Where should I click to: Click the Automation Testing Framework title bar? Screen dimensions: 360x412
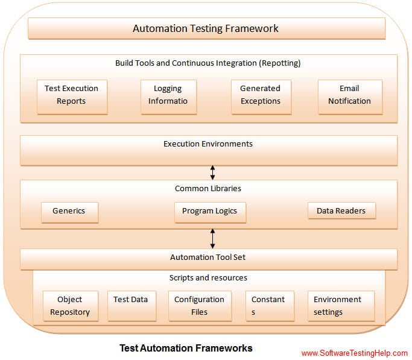tap(206, 28)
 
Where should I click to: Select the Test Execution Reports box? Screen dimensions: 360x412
tap(72, 95)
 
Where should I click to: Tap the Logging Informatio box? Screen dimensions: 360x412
tap(168, 95)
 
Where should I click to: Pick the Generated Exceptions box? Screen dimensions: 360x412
tap(260, 95)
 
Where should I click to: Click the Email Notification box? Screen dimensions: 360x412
tap(349, 95)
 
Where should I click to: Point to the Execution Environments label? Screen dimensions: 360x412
tap(208, 144)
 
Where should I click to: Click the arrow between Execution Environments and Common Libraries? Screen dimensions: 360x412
tap(212, 172)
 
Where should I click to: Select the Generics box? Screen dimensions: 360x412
tap(69, 211)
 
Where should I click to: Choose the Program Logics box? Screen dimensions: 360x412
tap(209, 211)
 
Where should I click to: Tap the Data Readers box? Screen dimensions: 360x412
tap(341, 211)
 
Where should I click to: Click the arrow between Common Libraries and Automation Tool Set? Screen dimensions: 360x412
tap(212, 238)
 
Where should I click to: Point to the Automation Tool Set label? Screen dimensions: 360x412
tap(208, 257)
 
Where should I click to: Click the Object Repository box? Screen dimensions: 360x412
tap(70, 306)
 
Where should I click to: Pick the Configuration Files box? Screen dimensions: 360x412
tap(199, 306)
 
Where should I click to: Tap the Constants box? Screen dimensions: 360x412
tap(269, 306)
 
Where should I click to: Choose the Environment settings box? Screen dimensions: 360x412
tap(340, 306)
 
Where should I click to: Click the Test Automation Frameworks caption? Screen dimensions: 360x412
tap(186, 348)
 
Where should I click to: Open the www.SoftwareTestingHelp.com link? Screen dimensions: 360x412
tap(354, 353)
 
